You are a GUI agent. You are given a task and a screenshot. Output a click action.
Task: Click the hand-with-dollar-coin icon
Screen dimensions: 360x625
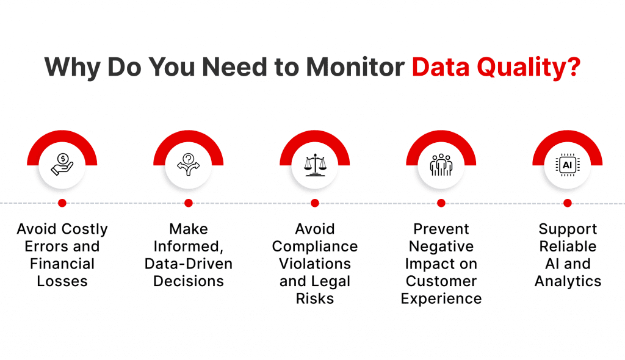(x=62, y=164)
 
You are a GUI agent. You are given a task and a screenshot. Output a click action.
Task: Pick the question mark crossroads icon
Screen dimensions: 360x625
(x=189, y=164)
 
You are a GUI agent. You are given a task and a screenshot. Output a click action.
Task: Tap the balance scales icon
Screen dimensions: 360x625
(x=315, y=164)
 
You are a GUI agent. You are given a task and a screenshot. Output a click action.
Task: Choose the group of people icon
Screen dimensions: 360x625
(x=441, y=164)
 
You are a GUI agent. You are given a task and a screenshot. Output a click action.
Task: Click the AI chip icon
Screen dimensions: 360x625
(x=568, y=164)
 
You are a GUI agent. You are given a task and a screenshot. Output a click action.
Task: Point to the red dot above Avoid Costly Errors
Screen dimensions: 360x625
(x=62, y=203)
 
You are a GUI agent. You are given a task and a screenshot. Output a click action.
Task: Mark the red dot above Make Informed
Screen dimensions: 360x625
(x=189, y=203)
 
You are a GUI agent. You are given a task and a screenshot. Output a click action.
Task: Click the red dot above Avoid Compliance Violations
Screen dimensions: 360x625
(x=315, y=203)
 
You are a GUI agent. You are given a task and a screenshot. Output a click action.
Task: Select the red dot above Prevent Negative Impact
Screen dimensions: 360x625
(x=441, y=203)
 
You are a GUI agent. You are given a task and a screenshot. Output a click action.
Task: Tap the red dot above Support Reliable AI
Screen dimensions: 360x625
(x=568, y=203)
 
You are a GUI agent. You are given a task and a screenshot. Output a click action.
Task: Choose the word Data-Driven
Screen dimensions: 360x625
(x=189, y=264)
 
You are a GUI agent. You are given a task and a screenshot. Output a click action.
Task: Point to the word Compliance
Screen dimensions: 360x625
(x=315, y=247)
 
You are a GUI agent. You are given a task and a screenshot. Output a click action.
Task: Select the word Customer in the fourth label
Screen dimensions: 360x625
(x=441, y=282)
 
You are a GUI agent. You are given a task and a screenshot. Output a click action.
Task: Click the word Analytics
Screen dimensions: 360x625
(x=568, y=282)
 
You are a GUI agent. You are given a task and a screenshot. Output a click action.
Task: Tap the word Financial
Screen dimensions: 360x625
(x=62, y=264)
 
